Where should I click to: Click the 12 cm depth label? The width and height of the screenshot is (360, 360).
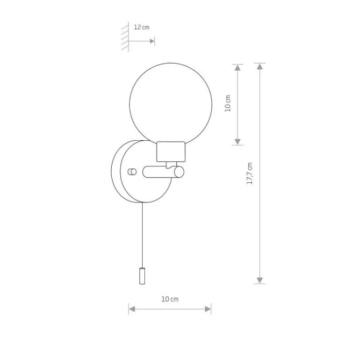tap(141, 27)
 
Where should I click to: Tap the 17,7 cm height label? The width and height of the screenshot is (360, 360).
tap(250, 173)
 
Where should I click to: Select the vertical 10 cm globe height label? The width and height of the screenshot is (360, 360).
tap(228, 103)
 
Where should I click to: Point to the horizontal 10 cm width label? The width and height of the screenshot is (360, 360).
tap(170, 299)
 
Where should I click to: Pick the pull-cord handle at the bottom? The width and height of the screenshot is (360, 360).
tap(142, 276)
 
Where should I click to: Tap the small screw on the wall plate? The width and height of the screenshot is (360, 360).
tap(132, 172)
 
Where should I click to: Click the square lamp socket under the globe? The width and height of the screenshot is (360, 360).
tap(171, 152)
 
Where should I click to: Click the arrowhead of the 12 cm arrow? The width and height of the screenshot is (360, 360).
tap(152, 41)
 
